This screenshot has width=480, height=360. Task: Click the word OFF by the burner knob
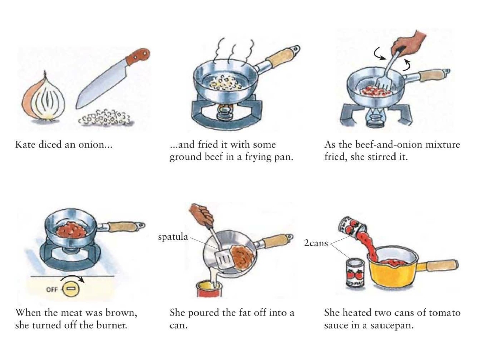coord(52,289)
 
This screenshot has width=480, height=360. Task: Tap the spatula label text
coord(173,237)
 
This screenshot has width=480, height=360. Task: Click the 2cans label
coord(316,243)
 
